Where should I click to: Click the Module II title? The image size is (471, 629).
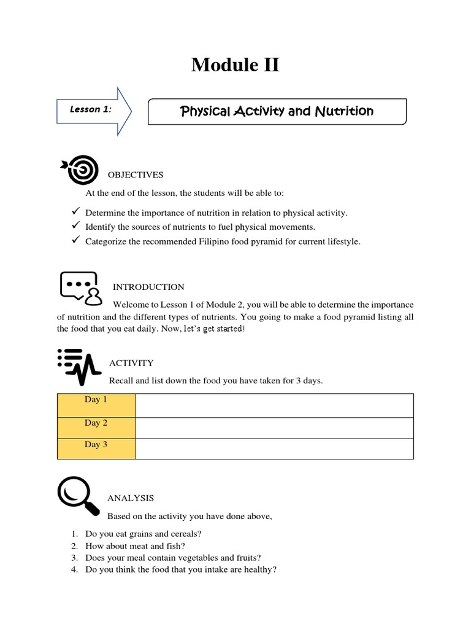tap(235, 64)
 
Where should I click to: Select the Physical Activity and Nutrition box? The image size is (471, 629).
tap(277, 111)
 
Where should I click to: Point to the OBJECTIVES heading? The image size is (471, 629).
tap(136, 175)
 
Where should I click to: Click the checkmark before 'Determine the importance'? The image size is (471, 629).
tap(76, 212)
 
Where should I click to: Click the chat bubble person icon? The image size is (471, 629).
tap(80, 288)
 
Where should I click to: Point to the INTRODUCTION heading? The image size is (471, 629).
tap(148, 287)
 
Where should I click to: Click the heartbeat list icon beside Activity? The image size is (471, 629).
tap(78, 366)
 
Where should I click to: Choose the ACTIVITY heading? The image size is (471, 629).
tap(131, 363)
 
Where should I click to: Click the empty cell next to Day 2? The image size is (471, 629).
tap(274, 428)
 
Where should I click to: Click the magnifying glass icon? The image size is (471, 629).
tap(78, 496)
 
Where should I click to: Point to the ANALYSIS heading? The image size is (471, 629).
tap(131, 498)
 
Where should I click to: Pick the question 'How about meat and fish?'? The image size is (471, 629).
tap(136, 546)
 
